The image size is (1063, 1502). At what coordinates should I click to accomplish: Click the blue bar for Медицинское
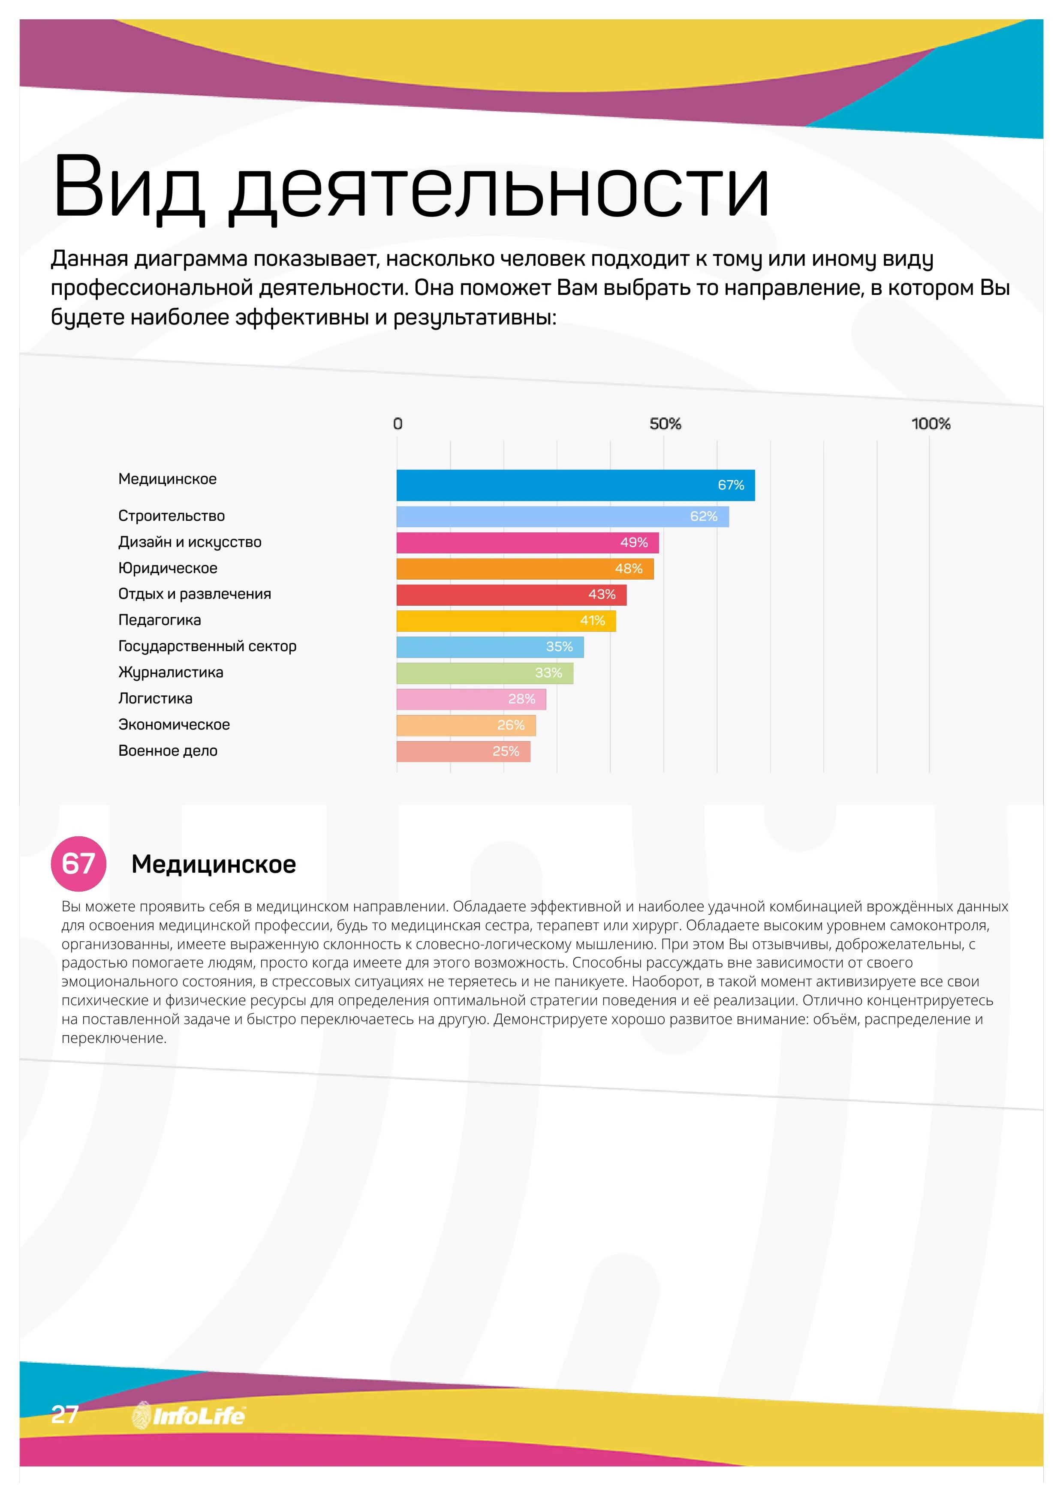pyautogui.click(x=575, y=485)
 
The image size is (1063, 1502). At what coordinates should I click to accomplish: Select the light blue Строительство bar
pyautogui.click(x=562, y=517)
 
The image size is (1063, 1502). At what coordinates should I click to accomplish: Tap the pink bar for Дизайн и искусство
pyautogui.click(x=527, y=543)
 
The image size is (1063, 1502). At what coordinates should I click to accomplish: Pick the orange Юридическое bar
pyautogui.click(x=524, y=569)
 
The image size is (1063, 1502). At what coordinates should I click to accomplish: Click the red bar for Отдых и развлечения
pyautogui.click(x=511, y=595)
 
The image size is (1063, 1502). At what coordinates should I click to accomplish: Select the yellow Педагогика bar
pyautogui.click(x=505, y=621)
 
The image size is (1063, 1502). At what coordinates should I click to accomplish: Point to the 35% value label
pyautogui.click(x=559, y=647)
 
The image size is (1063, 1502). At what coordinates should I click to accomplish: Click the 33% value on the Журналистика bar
pyautogui.click(x=548, y=673)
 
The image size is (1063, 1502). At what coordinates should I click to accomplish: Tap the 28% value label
pyautogui.click(x=522, y=699)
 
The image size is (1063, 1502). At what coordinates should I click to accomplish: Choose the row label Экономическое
pyautogui.click(x=174, y=725)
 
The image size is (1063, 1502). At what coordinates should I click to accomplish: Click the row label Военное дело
pyautogui.click(x=168, y=751)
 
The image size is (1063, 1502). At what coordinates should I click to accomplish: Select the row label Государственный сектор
pyautogui.click(x=207, y=646)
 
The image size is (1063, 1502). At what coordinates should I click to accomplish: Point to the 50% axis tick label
pyautogui.click(x=665, y=424)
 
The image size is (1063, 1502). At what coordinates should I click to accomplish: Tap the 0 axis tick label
pyautogui.click(x=397, y=424)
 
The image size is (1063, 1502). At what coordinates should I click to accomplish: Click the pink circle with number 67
pyautogui.click(x=78, y=863)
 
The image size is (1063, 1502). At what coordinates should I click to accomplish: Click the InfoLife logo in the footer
pyautogui.click(x=189, y=1416)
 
